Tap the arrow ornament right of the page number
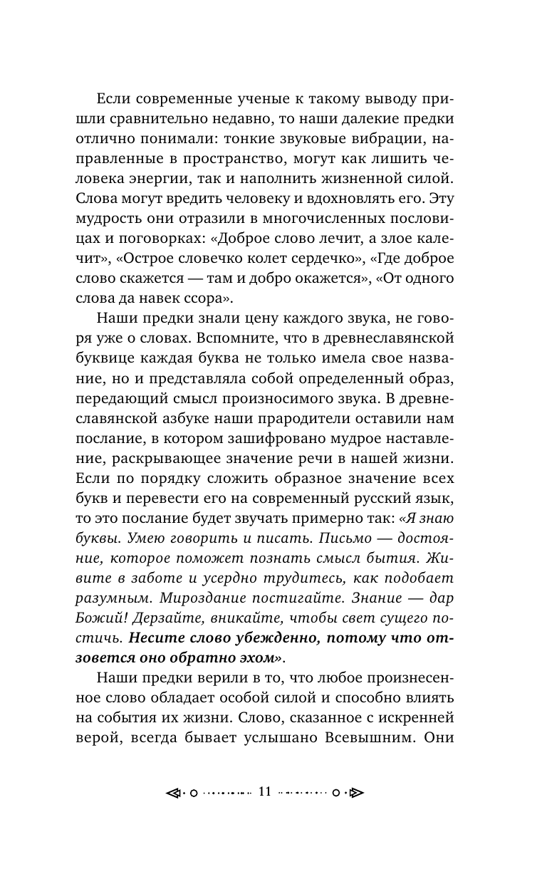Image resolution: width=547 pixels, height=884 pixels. [357, 792]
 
